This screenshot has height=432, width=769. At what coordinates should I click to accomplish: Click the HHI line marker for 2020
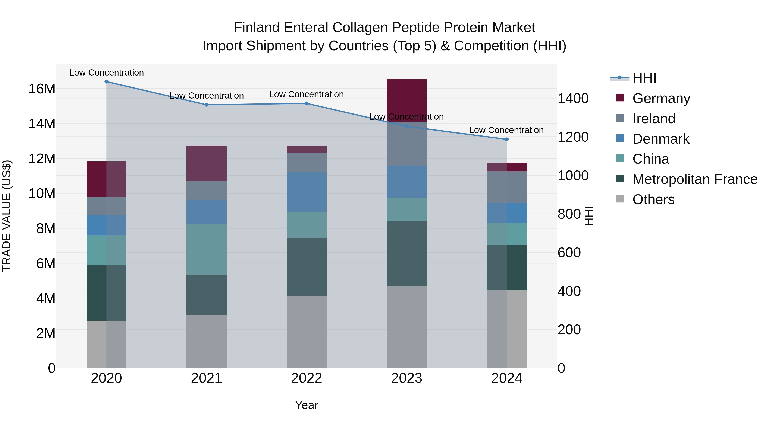pos(107,82)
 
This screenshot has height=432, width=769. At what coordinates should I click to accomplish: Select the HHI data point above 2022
pos(307,103)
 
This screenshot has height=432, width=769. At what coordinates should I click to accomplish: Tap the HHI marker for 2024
pos(507,139)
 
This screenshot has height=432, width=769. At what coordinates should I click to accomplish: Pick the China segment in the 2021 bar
pos(207,250)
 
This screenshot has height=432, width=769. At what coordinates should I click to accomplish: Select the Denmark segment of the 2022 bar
pos(307,192)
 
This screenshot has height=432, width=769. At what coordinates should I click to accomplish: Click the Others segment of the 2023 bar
pos(407,327)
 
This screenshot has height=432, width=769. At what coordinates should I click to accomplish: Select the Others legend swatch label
pos(653,199)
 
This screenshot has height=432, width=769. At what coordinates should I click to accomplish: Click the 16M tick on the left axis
pos(42,89)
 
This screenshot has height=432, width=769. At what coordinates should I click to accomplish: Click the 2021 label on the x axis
pos(207,378)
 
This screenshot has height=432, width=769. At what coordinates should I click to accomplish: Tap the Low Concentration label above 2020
pos(107,73)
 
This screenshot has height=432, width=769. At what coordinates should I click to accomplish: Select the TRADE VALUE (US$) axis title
pos(7,216)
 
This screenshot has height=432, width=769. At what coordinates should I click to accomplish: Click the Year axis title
pos(307,405)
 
